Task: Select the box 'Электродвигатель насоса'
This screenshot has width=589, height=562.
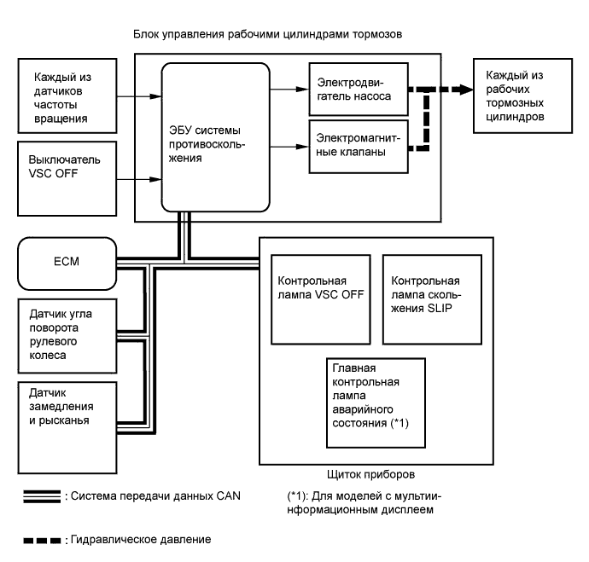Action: click(x=352, y=90)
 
